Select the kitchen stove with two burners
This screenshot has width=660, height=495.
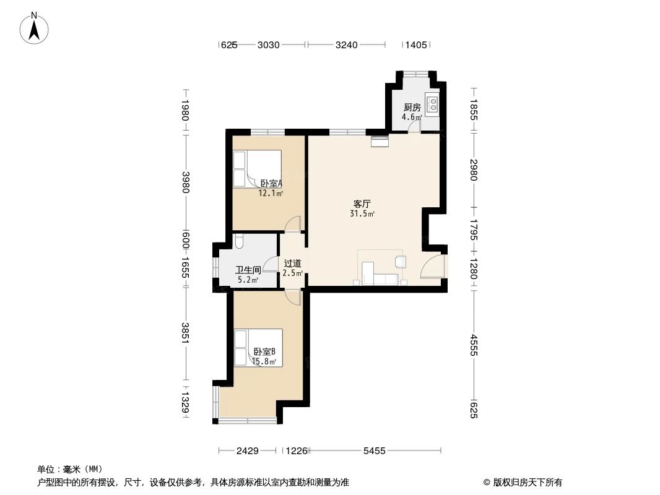pyautogui.click(x=433, y=103)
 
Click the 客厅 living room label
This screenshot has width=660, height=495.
pyautogui.click(x=362, y=204)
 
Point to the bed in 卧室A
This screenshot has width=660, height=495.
pyautogui.click(x=256, y=169)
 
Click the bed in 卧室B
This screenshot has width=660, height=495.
pyautogui.click(x=258, y=348)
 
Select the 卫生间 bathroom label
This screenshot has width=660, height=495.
pyautogui.click(x=248, y=270)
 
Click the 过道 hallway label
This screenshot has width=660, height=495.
pyautogui.click(x=292, y=263)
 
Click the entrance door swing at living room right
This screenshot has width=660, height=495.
pyautogui.click(x=432, y=266)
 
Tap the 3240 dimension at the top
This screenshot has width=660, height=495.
pyautogui.click(x=346, y=45)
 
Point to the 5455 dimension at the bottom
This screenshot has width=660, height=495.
pyautogui.click(x=374, y=451)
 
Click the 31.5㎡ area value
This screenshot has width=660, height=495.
pyautogui.click(x=362, y=214)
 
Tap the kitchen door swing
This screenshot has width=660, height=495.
pyautogui.click(x=415, y=126)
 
